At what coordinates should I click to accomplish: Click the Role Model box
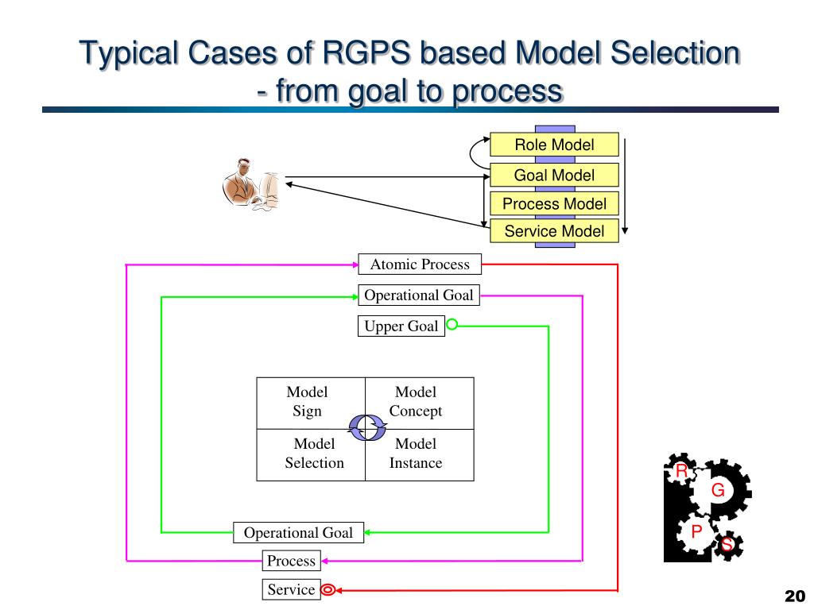(554, 145)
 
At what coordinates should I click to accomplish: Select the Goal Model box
(554, 175)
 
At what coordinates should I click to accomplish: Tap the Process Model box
(554, 203)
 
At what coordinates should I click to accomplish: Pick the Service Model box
(554, 231)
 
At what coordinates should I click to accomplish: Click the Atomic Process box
(420, 264)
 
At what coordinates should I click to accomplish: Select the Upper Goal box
(401, 326)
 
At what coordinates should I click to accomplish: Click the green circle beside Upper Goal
(452, 325)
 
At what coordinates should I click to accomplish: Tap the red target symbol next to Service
(328, 590)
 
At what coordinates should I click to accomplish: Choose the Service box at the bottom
(291, 590)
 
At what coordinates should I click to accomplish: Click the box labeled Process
(291, 561)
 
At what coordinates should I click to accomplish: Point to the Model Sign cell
(311, 403)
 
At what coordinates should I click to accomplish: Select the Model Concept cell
(420, 403)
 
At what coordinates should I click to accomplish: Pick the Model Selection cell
(311, 455)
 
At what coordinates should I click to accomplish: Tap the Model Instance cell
(420, 455)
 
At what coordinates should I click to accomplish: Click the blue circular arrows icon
(367, 428)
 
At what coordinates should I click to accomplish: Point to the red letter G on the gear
(718, 489)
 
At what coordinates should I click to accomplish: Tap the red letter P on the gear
(696, 531)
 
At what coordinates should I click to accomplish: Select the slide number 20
(795, 596)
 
